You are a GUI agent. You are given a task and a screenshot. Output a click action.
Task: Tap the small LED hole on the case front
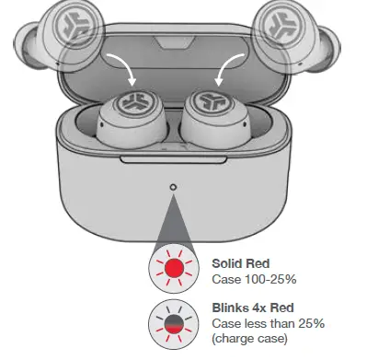click(174, 188)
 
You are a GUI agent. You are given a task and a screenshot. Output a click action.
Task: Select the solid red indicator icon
click(173, 269)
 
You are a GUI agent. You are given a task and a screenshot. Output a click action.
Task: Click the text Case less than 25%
click(268, 322)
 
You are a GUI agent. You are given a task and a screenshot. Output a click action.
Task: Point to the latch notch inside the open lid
click(175, 44)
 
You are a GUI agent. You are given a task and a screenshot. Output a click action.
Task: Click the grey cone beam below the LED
click(174, 221)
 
